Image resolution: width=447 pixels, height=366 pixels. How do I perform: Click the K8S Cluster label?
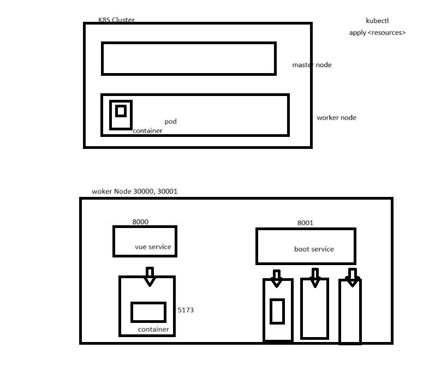tap(116, 20)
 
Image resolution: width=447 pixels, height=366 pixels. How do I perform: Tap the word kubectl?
tap(377, 21)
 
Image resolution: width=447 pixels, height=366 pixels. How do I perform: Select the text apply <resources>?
tap(377, 33)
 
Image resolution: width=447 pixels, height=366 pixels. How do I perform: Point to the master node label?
tap(312, 65)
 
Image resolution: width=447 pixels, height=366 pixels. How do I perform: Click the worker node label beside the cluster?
tap(336, 118)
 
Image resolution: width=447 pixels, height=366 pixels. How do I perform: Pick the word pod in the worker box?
tap(171, 122)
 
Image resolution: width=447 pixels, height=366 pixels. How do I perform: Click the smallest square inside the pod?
tap(121, 111)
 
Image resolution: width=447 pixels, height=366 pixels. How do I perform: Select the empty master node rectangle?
tap(188, 58)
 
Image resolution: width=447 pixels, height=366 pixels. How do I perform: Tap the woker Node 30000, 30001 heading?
tap(135, 191)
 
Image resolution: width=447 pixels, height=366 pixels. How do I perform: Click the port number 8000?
tap(140, 222)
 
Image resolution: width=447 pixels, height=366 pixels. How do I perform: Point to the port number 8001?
tap(305, 223)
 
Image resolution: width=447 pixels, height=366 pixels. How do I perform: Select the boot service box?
tap(306, 247)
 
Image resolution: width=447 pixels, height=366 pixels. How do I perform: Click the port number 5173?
tap(186, 310)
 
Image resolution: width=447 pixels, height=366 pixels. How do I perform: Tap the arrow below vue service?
tap(150, 277)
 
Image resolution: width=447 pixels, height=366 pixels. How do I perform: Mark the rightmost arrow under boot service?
tap(352, 278)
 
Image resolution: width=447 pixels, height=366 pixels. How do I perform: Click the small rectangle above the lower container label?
tap(148, 312)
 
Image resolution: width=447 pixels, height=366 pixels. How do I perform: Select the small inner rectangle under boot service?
tap(277, 311)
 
